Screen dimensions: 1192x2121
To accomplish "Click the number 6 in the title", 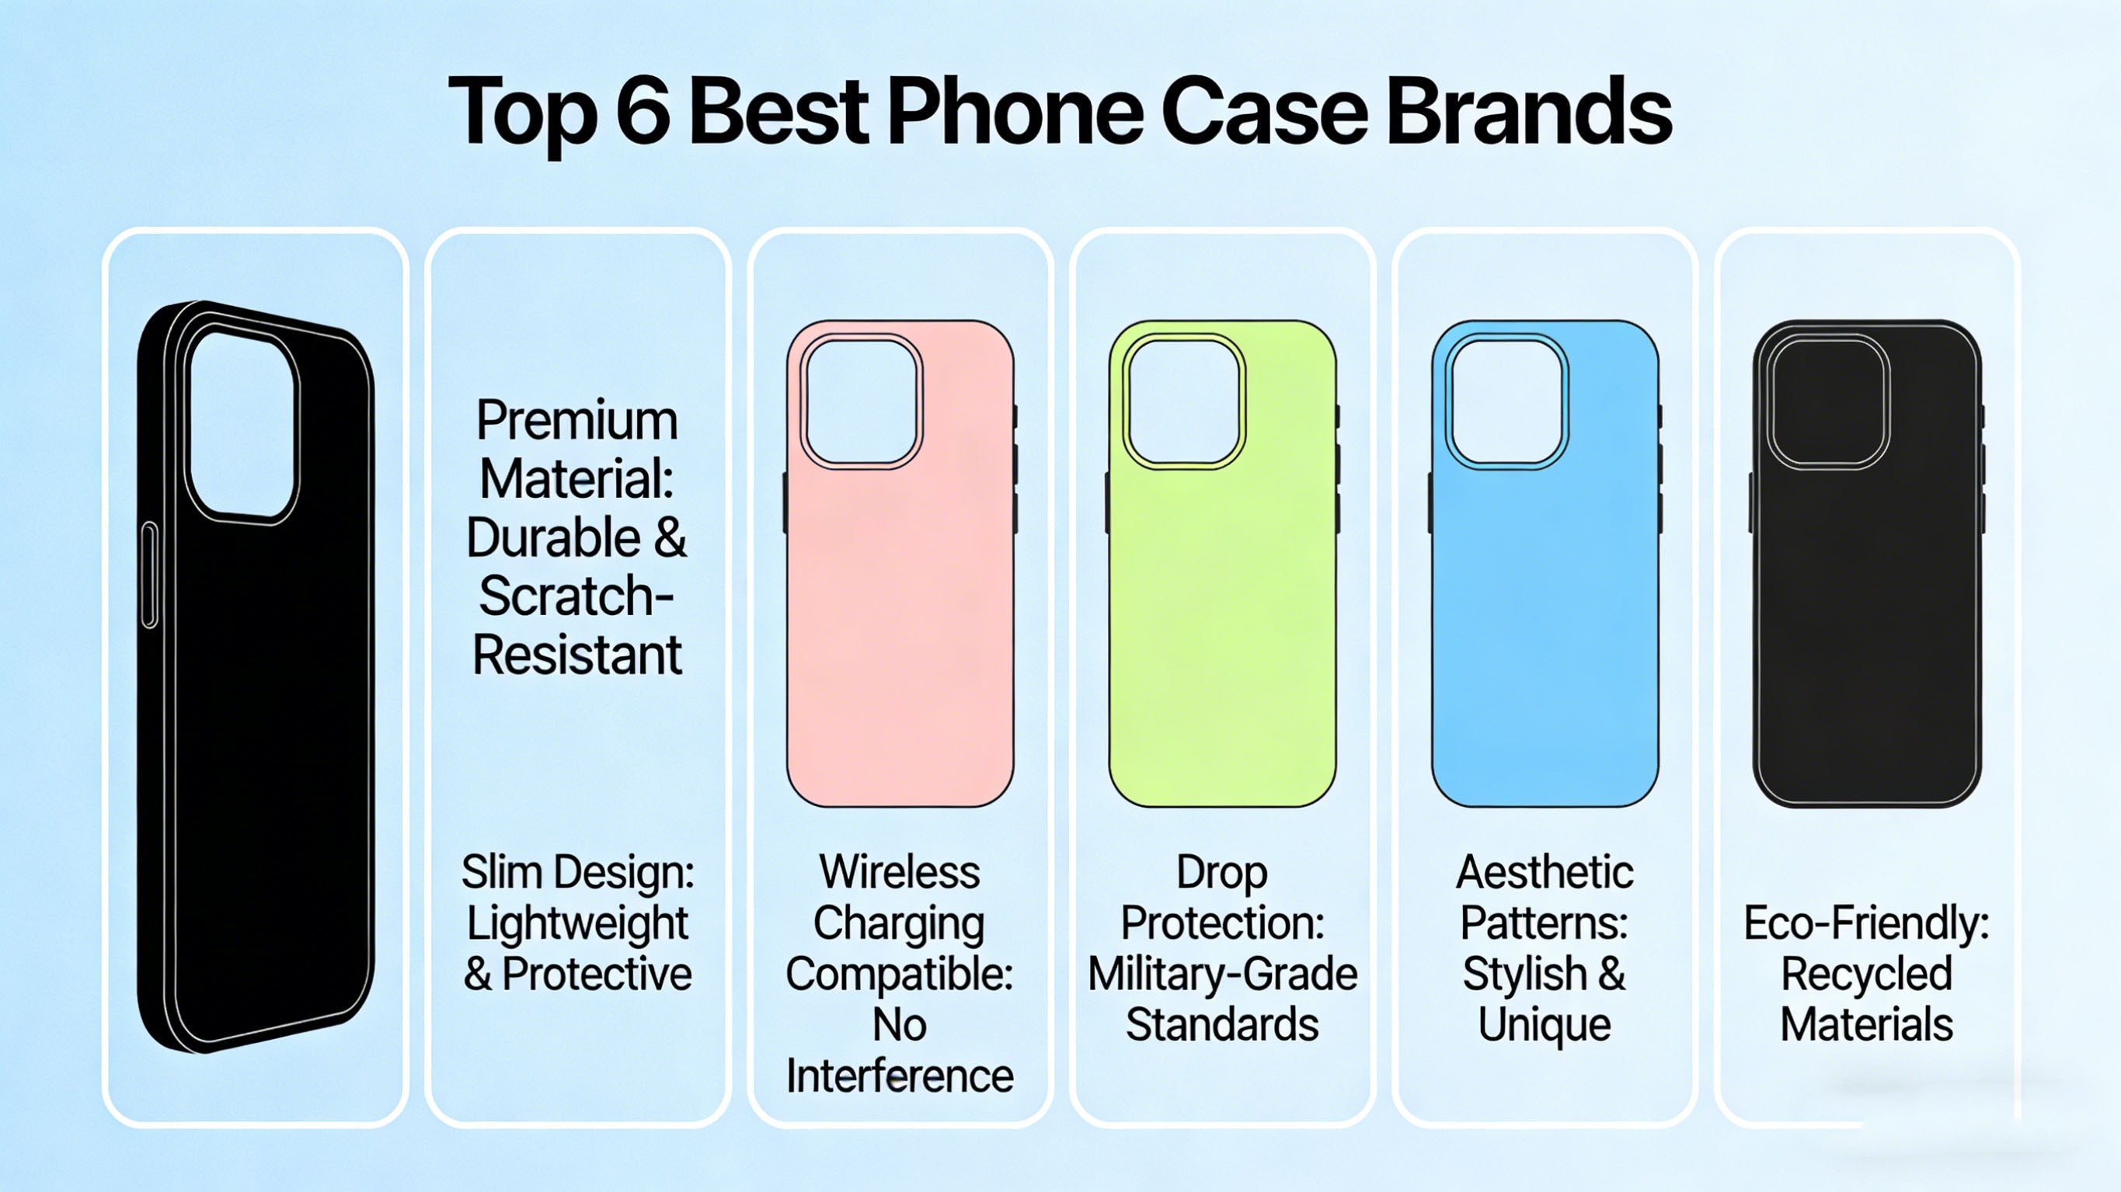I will [x=643, y=110].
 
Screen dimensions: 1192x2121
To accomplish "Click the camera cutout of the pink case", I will [x=862, y=401].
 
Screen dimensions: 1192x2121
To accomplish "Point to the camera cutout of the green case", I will [x=1184, y=401].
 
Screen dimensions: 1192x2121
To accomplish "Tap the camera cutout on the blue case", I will [x=1506, y=401].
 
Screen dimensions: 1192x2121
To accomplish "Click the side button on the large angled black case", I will [x=150, y=575].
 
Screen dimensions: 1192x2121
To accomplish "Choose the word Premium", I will [x=577, y=421].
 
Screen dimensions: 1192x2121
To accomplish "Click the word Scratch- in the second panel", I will [x=577, y=596].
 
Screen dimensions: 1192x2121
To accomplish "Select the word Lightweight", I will [x=577, y=923].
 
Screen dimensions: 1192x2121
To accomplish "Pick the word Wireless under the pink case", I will [x=900, y=872].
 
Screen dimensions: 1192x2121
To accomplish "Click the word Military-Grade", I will [x=1223, y=974].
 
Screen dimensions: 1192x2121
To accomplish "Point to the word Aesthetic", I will [x=1545, y=872].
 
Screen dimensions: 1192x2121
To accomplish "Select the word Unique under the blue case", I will [x=1545, y=1025].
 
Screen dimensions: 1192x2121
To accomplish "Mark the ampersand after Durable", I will [x=670, y=538].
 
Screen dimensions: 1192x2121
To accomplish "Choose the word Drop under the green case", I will [x=1223, y=872].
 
